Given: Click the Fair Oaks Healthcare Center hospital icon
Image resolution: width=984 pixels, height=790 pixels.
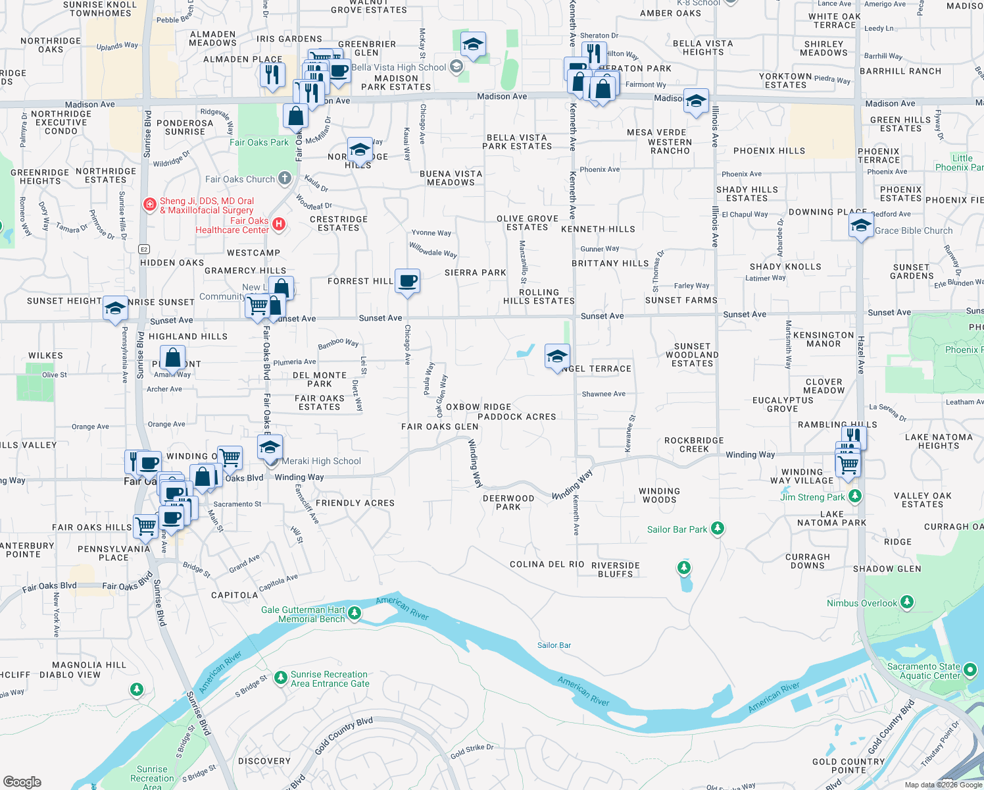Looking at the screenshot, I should click(278, 224).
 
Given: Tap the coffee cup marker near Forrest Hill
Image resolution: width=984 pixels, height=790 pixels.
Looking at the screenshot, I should click(407, 281).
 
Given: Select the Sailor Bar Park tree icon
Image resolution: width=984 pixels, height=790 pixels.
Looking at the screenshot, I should click(718, 529).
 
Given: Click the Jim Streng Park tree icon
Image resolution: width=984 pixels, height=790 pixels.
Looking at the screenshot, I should click(854, 496).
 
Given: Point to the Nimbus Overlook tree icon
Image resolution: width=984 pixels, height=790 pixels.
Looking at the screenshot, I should click(907, 602).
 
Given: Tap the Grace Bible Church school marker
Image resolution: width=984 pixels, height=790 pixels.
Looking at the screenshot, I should click(861, 227).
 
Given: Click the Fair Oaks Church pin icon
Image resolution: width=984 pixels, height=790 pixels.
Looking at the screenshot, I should click(284, 178).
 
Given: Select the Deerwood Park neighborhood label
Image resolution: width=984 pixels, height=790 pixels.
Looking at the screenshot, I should click(508, 502).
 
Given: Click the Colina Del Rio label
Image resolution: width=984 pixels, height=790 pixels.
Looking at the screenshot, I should click(547, 564).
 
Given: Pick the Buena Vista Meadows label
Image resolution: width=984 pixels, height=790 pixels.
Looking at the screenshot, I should click(451, 178).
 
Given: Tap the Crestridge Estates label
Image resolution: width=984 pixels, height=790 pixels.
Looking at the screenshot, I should click(339, 223).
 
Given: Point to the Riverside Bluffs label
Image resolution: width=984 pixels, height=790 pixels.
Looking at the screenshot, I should click(616, 569).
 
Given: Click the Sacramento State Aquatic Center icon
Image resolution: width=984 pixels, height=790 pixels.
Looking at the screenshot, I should click(970, 671).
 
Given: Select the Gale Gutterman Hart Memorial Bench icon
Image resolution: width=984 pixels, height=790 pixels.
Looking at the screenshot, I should click(355, 614).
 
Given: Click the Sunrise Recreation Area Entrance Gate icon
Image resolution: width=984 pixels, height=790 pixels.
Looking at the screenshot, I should click(281, 677).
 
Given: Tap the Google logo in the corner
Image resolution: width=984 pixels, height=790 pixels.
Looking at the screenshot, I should click(22, 782).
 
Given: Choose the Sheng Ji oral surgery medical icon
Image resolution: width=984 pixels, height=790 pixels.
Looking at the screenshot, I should click(150, 205).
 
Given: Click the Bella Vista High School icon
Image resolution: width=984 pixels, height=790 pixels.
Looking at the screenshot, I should click(456, 67).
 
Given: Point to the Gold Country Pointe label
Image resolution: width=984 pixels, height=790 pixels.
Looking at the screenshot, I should click(849, 766).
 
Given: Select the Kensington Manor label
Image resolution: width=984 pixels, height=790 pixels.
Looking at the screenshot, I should click(824, 339).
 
